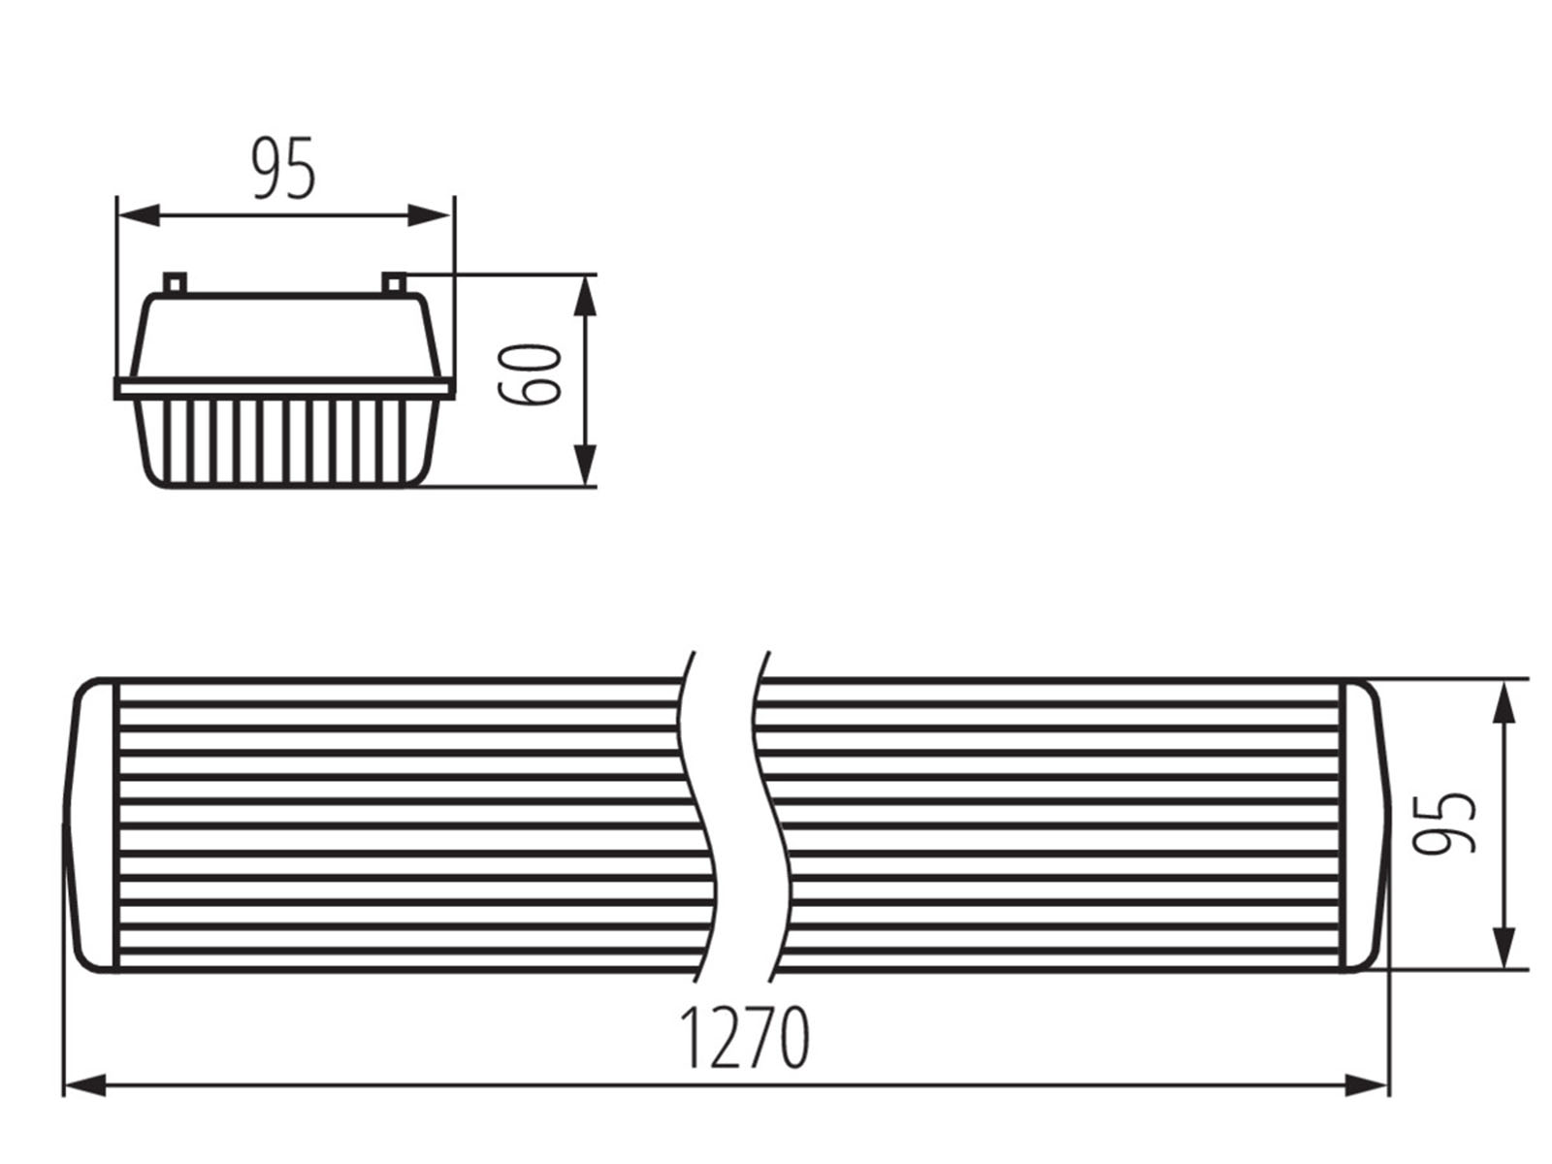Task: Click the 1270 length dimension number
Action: pyautogui.click(x=744, y=1037)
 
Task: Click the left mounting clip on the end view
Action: pyautogui.click(x=175, y=283)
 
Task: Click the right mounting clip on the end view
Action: pyautogui.click(x=394, y=283)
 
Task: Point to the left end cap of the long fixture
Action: pyautogui.click(x=90, y=824)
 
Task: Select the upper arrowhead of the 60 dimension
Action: pyautogui.click(x=585, y=296)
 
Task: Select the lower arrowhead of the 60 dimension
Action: pyautogui.click(x=585, y=466)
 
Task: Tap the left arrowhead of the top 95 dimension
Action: pyautogui.click(x=140, y=215)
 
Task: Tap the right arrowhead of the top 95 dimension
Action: pyautogui.click(x=429, y=215)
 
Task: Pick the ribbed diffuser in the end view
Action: pyautogui.click(x=286, y=443)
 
